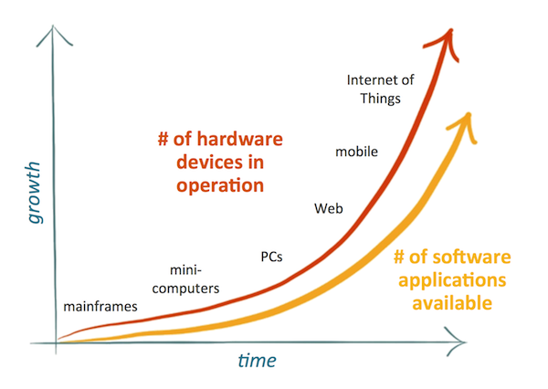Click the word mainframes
pyautogui.click(x=100, y=306)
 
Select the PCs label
pyautogui.click(x=271, y=256)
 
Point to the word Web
pyautogui.click(x=329, y=208)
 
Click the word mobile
pyautogui.click(x=358, y=150)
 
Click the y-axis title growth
pyautogui.click(x=34, y=193)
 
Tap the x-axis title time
pyautogui.click(x=258, y=362)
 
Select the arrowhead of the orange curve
pyautogui.click(x=466, y=120)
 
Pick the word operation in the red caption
pyautogui.click(x=218, y=185)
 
